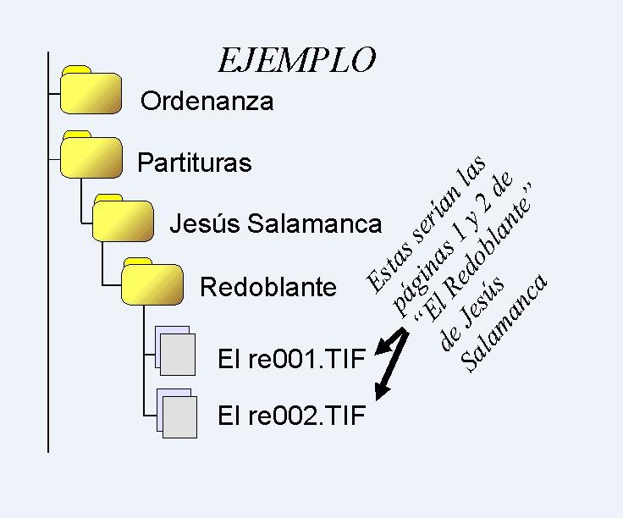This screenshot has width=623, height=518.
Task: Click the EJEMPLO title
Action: click(x=295, y=60)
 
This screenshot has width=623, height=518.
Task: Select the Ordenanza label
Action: click(x=207, y=102)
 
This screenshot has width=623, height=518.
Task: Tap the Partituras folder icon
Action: click(x=91, y=157)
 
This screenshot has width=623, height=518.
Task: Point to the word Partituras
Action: click(x=194, y=162)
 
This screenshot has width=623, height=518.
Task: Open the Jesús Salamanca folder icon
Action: click(x=123, y=219)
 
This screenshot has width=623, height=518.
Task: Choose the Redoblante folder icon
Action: click(x=152, y=282)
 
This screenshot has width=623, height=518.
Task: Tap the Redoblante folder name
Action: click(x=267, y=287)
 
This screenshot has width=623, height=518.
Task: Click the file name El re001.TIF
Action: click(x=291, y=359)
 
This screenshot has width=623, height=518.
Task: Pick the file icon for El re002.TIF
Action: click(x=175, y=412)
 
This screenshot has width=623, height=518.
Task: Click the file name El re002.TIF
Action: click(x=291, y=416)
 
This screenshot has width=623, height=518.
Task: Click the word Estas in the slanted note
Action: click(x=386, y=267)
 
